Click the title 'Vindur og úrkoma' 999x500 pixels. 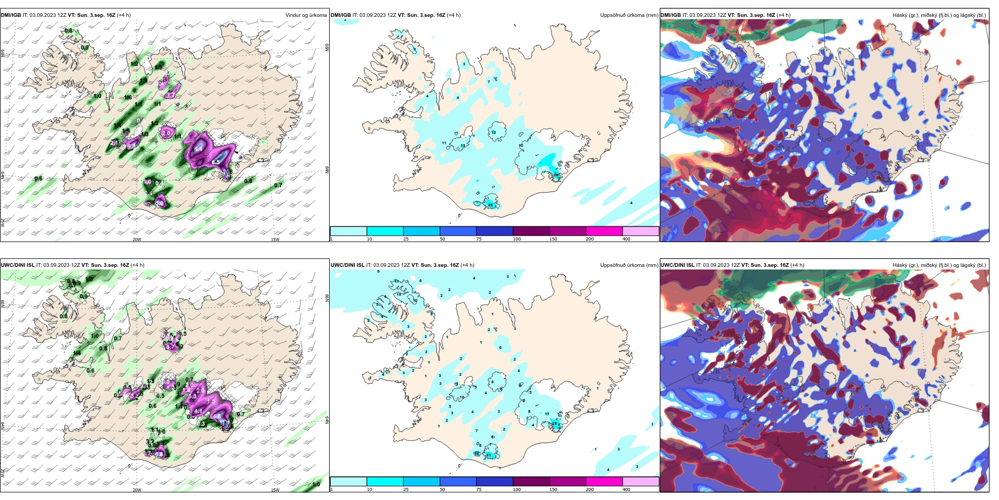(305, 15)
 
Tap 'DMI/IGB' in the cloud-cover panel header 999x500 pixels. (670, 15)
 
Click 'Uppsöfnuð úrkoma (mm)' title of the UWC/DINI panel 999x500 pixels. (629, 265)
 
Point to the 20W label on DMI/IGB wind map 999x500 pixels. (137, 239)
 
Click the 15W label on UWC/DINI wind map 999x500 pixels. (274, 490)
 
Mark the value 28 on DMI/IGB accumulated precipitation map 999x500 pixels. (556, 174)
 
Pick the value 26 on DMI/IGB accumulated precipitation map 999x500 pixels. (490, 205)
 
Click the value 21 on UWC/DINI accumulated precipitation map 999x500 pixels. (488, 454)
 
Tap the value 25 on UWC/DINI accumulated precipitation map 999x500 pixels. (554, 423)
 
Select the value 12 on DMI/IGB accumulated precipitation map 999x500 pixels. (493, 132)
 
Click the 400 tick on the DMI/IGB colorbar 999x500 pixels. (626, 239)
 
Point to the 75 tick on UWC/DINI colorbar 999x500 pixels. (479, 489)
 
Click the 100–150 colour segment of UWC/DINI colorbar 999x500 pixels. (531, 482)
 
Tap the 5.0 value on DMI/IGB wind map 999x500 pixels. (160, 203)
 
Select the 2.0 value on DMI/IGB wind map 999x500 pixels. (166, 133)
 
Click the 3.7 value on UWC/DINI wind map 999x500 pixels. (170, 347)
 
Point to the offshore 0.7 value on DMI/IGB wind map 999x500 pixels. (278, 185)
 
